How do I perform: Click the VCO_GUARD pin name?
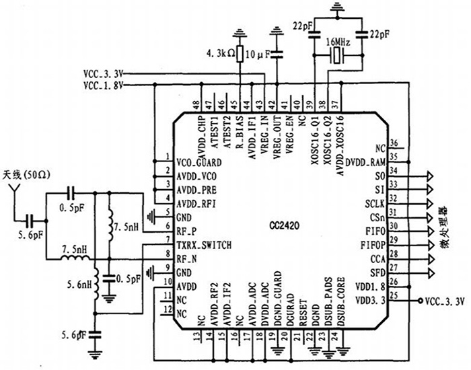click(x=199, y=162)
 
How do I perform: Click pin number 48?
click(x=196, y=104)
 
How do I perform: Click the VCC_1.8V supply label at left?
click(x=102, y=85)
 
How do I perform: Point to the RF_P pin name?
click(x=187, y=230)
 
